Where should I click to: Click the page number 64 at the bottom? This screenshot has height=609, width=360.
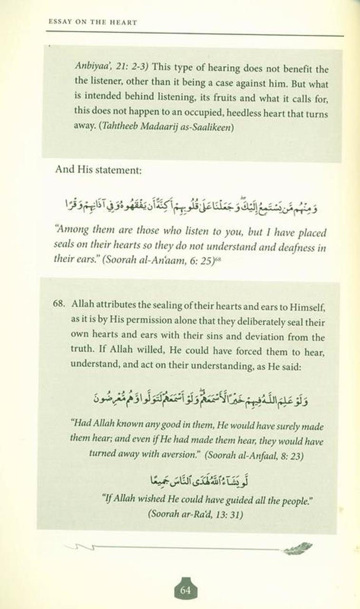tap(185, 590)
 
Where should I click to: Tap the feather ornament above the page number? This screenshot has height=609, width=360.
tap(298, 549)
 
